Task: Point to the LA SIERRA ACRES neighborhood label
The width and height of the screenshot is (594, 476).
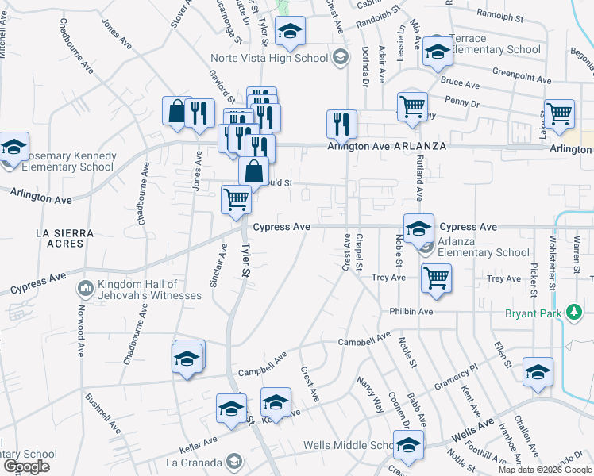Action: click(65, 239)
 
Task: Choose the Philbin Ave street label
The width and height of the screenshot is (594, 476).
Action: click(411, 312)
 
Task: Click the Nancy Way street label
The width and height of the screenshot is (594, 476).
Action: click(370, 396)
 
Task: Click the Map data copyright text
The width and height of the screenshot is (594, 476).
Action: click(544, 470)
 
